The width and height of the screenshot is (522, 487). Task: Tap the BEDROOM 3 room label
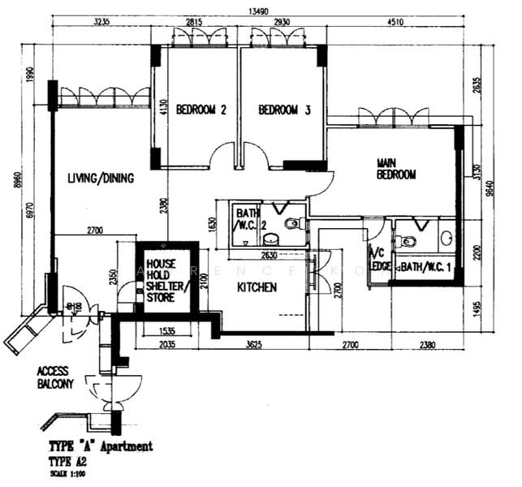[285, 111]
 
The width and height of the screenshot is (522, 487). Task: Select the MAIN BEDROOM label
[395, 169]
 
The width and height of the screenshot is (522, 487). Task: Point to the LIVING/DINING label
[90, 179]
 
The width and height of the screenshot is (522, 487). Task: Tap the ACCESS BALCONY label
[56, 377]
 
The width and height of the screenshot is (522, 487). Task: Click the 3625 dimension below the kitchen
[253, 345]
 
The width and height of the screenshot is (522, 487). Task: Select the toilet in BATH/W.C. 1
[408, 241]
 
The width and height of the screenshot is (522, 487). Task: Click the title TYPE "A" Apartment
[100, 446]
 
